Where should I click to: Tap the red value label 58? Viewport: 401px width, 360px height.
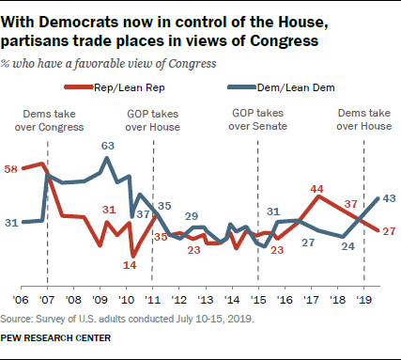point(13,168)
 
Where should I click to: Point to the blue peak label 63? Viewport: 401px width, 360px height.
point(108,146)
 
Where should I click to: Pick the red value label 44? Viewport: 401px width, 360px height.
point(318,187)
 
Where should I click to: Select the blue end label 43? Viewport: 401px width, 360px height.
point(390,197)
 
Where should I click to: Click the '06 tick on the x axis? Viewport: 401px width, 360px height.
point(18,302)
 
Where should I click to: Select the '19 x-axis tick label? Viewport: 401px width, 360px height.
point(365,302)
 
